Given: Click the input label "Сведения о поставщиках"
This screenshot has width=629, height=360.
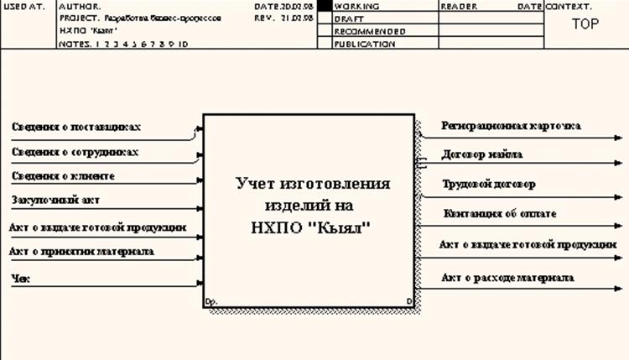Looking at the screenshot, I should [x=76, y=127].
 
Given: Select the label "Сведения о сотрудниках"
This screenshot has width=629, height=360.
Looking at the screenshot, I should [x=75, y=152].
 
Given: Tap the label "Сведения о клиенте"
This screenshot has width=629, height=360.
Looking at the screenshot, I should [x=63, y=176].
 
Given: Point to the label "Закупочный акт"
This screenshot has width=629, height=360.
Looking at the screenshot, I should [x=54, y=201].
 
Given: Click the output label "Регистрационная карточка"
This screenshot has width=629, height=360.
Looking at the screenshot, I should [x=511, y=126].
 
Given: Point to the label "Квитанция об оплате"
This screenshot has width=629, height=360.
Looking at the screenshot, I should [x=500, y=214].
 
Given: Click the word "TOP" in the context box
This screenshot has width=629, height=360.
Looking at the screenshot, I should [x=585, y=24].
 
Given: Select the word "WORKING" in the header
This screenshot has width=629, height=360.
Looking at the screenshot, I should [x=356, y=6].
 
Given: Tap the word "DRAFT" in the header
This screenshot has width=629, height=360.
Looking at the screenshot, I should [x=349, y=18].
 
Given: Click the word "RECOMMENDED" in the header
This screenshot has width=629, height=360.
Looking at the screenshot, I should [x=369, y=31].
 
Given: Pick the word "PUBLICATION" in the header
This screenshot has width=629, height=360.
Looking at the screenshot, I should [x=365, y=44].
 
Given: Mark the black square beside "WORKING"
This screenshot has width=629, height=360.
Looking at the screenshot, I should [x=325, y=6].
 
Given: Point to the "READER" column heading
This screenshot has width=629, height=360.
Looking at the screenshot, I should [x=458, y=6].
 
